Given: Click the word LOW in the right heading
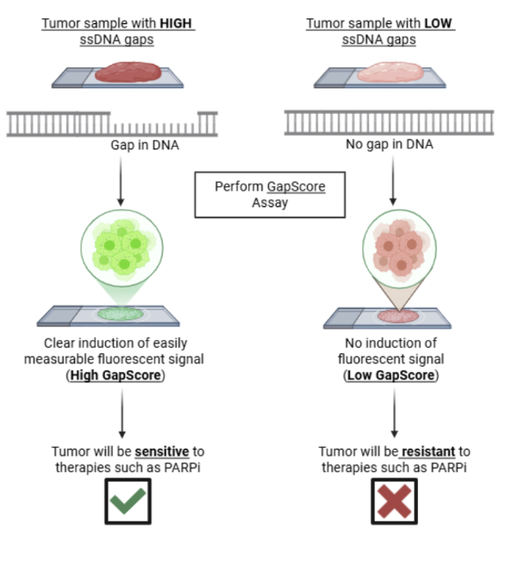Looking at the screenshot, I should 438,23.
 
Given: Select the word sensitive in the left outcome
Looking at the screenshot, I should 162,451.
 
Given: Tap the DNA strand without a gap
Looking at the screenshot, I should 389,123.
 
